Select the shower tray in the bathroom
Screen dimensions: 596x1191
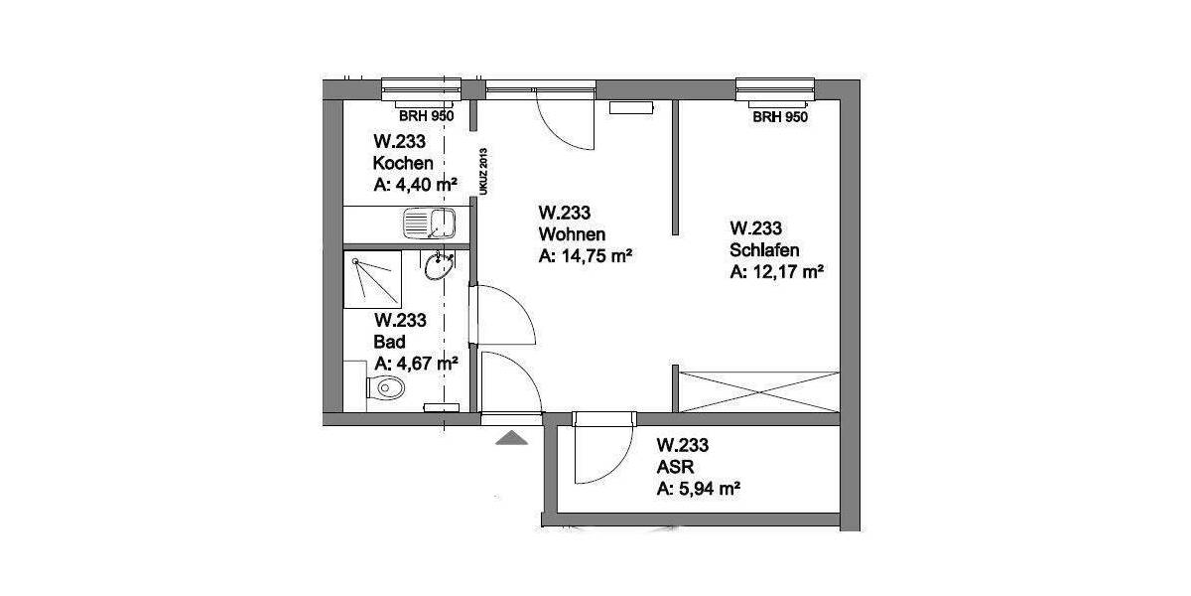point(372,280)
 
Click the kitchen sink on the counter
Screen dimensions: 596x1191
point(428,223)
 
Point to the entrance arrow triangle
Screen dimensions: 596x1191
point(511,438)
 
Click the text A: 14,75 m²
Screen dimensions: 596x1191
point(586,255)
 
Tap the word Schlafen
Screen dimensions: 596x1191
point(764,249)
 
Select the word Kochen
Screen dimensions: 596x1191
point(402,163)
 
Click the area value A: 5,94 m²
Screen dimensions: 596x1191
point(701,488)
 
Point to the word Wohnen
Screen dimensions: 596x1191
point(572,233)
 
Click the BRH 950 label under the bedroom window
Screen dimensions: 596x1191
point(780,117)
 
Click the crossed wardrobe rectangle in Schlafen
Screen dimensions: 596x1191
point(758,389)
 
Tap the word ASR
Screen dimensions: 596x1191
point(673,466)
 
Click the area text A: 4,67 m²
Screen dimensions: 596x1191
point(415,364)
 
